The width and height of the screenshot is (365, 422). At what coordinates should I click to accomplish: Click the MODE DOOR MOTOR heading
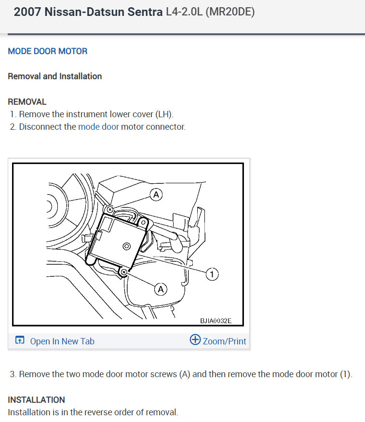pyautogui.click(x=48, y=51)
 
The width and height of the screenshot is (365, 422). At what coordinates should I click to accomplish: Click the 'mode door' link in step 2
pyautogui.click(x=98, y=127)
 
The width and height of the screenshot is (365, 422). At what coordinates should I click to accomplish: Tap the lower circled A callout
pyautogui.click(x=161, y=289)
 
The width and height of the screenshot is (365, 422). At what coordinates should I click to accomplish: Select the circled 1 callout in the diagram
pyautogui.click(x=212, y=274)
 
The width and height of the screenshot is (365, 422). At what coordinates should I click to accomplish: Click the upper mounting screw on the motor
pyautogui.click(x=110, y=210)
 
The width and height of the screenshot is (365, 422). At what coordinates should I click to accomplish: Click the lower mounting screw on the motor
pyautogui.click(x=124, y=272)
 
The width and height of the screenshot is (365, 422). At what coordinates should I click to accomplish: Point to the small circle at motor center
pyautogui.click(x=126, y=246)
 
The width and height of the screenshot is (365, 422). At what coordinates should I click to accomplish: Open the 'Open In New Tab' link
pyautogui.click(x=62, y=341)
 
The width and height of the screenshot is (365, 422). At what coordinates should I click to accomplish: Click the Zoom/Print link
pyautogui.click(x=224, y=341)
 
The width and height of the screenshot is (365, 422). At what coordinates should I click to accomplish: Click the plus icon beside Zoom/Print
pyautogui.click(x=195, y=340)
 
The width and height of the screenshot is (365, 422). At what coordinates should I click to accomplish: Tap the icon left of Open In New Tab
pyautogui.click(x=20, y=340)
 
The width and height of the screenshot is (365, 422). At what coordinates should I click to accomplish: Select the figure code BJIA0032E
pyautogui.click(x=216, y=320)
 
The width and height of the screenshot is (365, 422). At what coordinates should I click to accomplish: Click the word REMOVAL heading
pyautogui.click(x=27, y=102)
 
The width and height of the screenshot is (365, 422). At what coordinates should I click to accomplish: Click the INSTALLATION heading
pyautogui.click(x=36, y=400)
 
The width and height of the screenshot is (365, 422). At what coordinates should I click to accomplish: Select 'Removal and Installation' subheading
pyautogui.click(x=55, y=76)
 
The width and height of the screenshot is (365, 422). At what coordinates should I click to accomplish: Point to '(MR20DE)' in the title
pyautogui.click(x=230, y=12)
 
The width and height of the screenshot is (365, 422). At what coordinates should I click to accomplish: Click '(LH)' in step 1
pyautogui.click(x=163, y=114)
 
